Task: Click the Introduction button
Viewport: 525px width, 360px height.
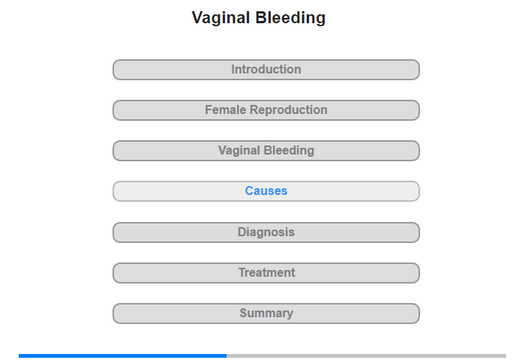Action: click(x=265, y=70)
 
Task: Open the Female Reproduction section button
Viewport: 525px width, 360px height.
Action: click(x=265, y=110)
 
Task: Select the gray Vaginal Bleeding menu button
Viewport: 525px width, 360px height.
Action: click(x=265, y=151)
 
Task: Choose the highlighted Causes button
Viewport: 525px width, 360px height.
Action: click(x=265, y=191)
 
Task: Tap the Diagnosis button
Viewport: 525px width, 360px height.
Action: click(x=265, y=232)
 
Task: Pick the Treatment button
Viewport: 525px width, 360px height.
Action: click(x=265, y=273)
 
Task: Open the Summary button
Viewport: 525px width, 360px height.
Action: click(x=265, y=313)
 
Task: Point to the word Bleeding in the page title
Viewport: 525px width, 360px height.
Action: click(x=290, y=18)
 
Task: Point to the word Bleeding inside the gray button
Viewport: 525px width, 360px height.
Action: click(x=290, y=151)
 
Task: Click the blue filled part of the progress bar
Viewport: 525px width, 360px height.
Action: click(x=122, y=355)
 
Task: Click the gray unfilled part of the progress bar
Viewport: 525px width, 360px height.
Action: click(x=366, y=355)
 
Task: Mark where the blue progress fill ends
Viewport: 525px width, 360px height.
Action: click(x=226, y=355)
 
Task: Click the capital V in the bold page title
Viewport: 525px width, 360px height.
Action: click(x=197, y=18)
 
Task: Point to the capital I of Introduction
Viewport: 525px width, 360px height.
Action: click(x=233, y=69)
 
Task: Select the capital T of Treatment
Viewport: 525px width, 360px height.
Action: click(x=242, y=272)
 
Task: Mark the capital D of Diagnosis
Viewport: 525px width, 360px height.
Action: click(x=242, y=232)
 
